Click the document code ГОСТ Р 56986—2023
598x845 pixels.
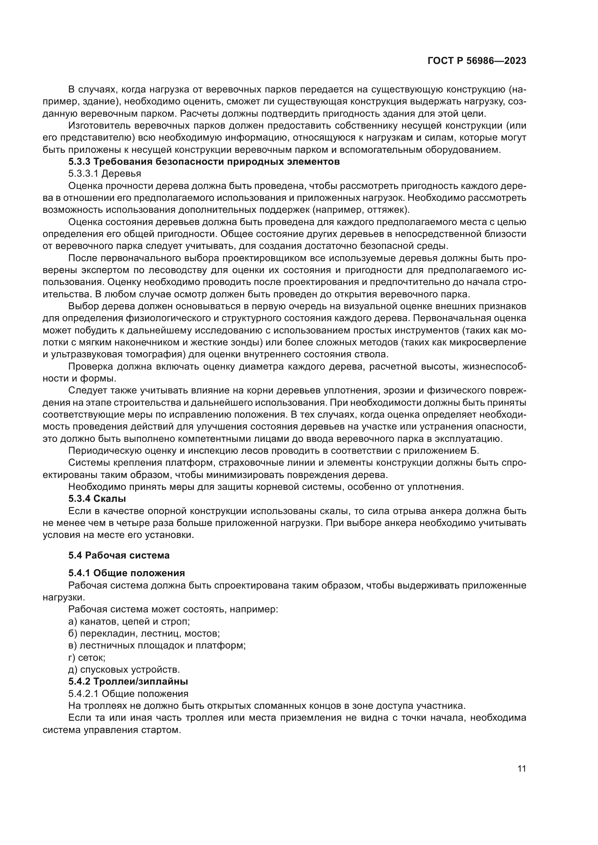tap(477, 61)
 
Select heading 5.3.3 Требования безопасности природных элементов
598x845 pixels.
tap(204, 161)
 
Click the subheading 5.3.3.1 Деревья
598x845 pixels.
tap(104, 173)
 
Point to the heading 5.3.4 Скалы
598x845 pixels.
tap(97, 499)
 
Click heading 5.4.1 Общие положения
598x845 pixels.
tap(126, 573)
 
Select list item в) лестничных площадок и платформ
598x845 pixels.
tap(157, 645)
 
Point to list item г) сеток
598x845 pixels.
tap(87, 657)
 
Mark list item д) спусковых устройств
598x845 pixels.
tap(124, 669)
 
